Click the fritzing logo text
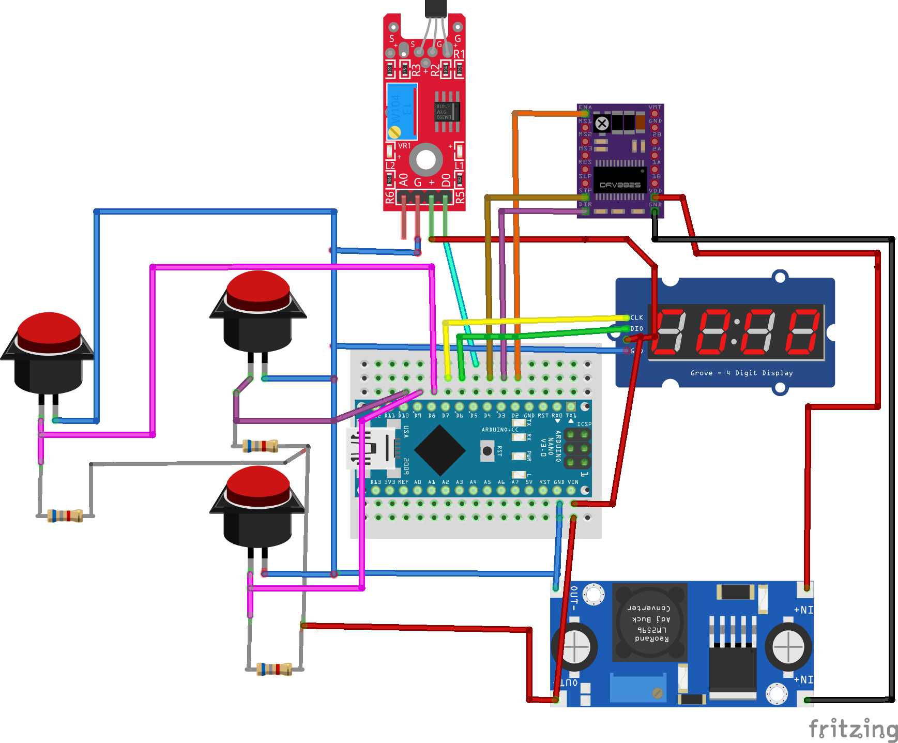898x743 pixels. pos(853,729)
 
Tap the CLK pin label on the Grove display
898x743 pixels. pos(637,317)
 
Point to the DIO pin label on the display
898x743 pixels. pos(637,329)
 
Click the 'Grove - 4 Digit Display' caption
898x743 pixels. pos(741,373)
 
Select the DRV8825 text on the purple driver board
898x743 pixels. pos(620,185)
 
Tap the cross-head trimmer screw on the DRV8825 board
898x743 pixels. pos(602,124)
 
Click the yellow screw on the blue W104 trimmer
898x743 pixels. pos(394,132)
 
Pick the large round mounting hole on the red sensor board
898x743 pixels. pos(426,160)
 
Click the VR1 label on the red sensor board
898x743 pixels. pos(404,146)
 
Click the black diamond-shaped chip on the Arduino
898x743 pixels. pos(440,450)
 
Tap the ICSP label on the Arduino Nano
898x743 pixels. pos(584,424)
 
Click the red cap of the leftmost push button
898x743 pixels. pos(49,331)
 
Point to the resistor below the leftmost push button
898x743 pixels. pos(65,515)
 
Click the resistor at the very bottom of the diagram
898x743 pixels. pos(275,669)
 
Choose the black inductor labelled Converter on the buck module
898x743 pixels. pos(649,622)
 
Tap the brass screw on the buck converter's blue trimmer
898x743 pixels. pos(658,693)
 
